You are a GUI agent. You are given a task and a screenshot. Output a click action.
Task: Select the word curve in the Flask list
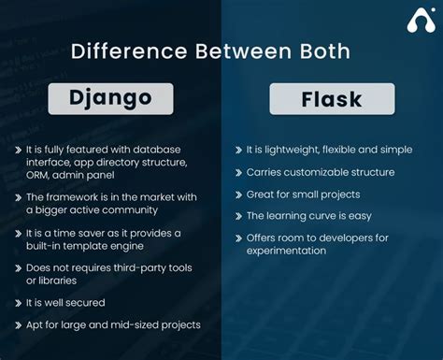[x=330, y=216]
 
